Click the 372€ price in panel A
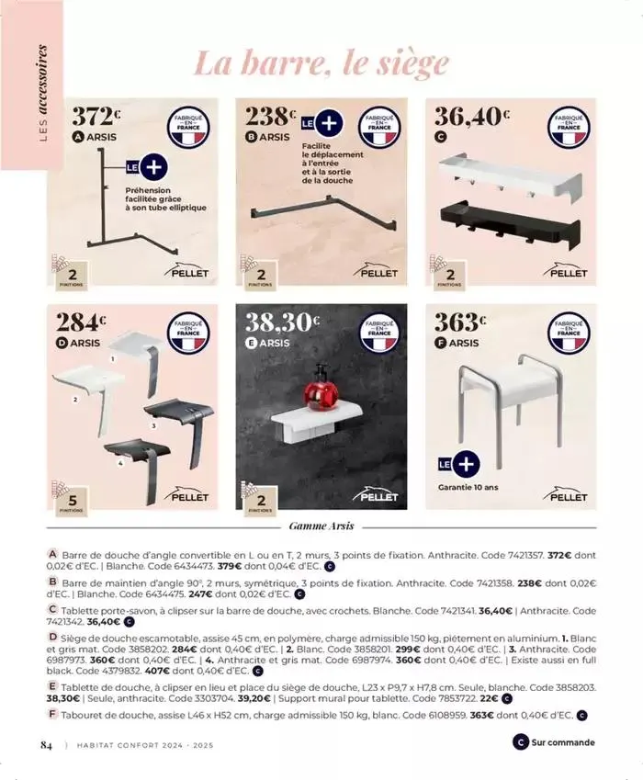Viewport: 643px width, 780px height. point(96,119)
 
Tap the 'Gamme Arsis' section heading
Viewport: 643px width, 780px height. point(321,527)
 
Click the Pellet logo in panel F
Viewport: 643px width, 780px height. point(566,495)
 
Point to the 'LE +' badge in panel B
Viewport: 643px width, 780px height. point(321,123)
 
